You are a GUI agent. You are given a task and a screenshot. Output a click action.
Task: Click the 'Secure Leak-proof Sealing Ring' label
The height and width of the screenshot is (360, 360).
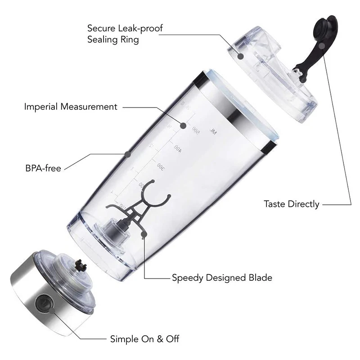[125, 34]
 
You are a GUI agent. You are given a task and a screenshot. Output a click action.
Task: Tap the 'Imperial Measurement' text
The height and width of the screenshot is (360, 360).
[71, 107]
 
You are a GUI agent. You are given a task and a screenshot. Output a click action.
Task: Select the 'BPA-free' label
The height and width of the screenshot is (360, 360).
[43, 169]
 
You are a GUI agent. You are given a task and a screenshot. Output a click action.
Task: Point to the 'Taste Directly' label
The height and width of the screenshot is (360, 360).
[291, 204]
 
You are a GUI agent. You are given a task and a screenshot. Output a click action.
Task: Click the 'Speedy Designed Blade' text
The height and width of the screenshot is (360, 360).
[222, 278]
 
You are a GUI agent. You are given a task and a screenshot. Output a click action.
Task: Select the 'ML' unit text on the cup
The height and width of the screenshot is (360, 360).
[213, 132]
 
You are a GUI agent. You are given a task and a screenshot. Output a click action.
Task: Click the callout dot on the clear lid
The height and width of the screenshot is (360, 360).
[241, 56]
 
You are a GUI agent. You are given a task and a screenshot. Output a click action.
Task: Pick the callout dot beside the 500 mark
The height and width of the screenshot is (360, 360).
[183, 126]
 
